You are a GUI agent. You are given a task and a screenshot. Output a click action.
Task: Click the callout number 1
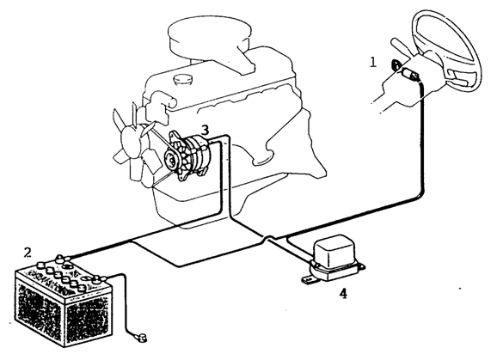(x=373, y=62)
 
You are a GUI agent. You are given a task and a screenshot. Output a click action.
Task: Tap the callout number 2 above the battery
(x=28, y=253)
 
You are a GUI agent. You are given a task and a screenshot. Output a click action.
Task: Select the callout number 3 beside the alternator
(x=205, y=130)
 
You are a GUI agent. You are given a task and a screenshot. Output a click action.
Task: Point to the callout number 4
(x=343, y=294)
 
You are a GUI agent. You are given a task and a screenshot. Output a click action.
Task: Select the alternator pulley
(x=172, y=161)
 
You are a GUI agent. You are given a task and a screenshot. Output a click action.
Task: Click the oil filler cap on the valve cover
(x=182, y=79)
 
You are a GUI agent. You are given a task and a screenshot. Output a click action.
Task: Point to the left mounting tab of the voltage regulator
(x=308, y=281)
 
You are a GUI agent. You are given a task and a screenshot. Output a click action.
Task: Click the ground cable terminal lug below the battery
(x=142, y=337)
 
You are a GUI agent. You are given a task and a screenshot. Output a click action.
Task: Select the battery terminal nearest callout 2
(x=61, y=258)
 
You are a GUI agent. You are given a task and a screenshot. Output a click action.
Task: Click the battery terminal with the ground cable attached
(x=98, y=279)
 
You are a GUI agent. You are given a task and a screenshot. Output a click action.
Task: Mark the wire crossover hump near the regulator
(x=269, y=237)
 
